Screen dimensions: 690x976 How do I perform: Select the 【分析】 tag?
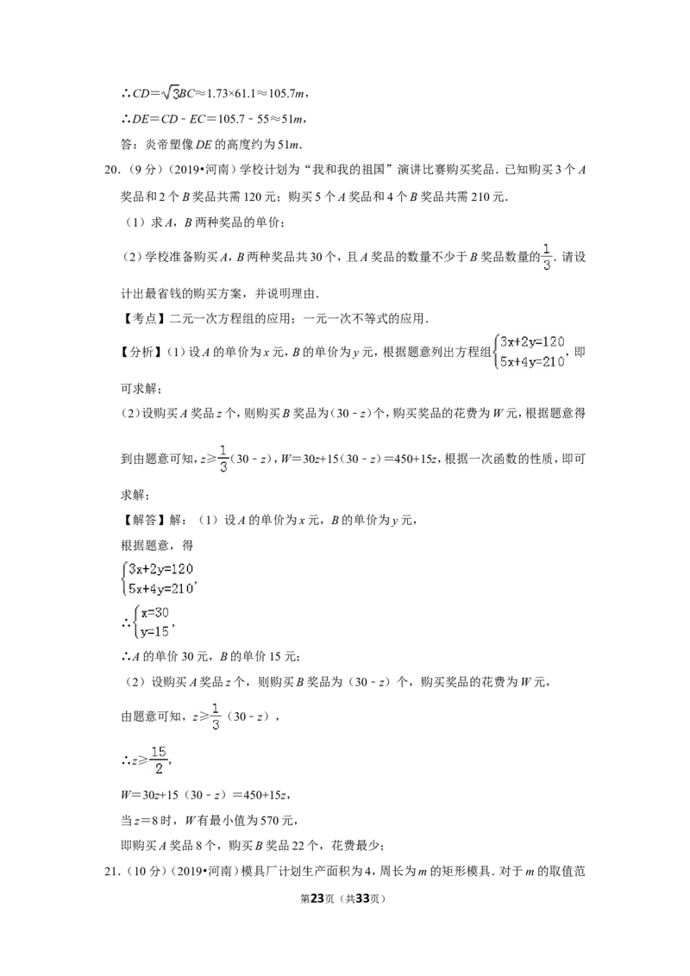click(140, 353)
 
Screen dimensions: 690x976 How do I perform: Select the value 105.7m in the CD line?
click(287, 93)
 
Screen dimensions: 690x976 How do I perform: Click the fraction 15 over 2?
click(159, 760)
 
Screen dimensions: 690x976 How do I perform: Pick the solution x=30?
click(154, 612)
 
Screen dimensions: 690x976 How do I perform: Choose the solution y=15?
click(154, 632)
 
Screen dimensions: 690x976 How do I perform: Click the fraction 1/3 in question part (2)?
click(547, 257)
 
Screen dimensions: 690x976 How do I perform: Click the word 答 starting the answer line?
click(127, 145)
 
